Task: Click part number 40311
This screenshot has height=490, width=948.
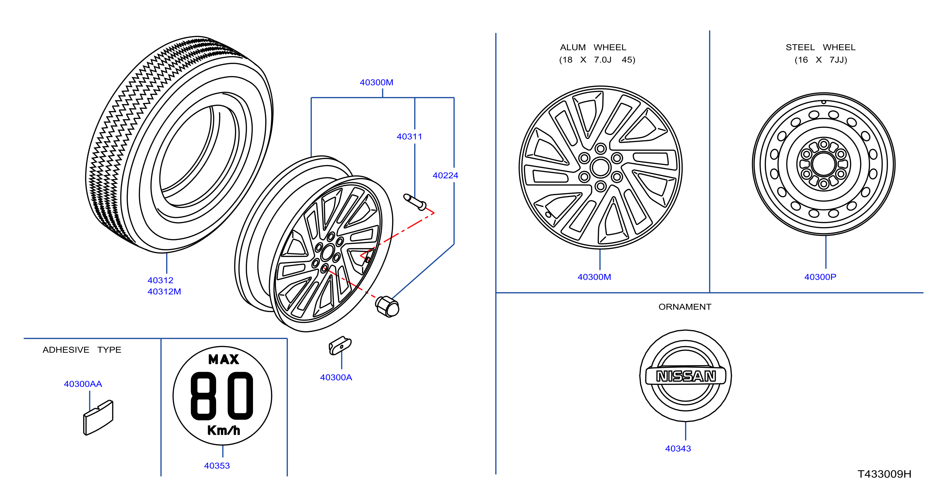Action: [409, 136]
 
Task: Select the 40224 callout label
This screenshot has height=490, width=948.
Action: [445, 175]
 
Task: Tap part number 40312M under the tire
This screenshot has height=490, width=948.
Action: [164, 291]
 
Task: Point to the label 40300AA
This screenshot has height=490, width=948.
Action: [83, 384]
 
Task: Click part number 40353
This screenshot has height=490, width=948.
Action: [217, 465]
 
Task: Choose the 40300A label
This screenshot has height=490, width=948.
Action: [336, 377]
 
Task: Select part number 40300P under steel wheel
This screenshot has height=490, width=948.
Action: [820, 277]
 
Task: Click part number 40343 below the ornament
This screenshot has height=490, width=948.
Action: [678, 448]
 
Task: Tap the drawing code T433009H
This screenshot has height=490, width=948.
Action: [884, 474]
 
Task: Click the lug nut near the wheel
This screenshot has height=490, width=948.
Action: [387, 306]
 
